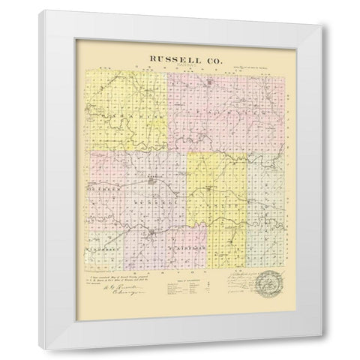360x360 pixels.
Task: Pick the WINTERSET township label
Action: coord(105,244)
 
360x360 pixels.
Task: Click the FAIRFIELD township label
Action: coord(180,244)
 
